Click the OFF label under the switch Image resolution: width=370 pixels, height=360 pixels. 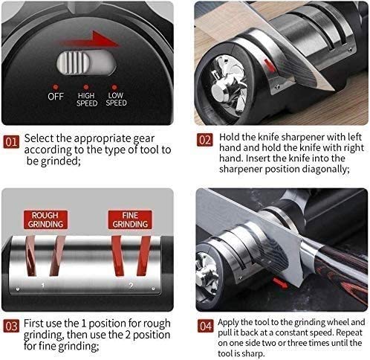(56, 97)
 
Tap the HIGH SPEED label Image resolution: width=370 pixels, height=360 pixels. (86, 100)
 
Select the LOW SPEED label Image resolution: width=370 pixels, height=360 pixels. (116, 99)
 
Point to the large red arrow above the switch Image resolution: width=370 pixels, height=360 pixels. (91, 40)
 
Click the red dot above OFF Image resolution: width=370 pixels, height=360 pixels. (56, 87)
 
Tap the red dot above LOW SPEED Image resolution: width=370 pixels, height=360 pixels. (114, 87)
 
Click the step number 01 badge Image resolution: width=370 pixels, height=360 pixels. (11, 142)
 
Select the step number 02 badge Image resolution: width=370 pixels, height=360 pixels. (205, 140)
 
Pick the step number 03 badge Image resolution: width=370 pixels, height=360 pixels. (11, 327)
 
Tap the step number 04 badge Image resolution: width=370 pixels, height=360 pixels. (206, 326)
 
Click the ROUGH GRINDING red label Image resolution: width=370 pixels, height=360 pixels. (45, 220)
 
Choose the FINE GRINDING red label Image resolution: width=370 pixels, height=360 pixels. (130, 220)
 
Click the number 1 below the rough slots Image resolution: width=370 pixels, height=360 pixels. (43, 286)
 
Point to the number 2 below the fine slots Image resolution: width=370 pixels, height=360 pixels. (131, 286)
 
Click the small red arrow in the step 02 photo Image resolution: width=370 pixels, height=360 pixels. (269, 65)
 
